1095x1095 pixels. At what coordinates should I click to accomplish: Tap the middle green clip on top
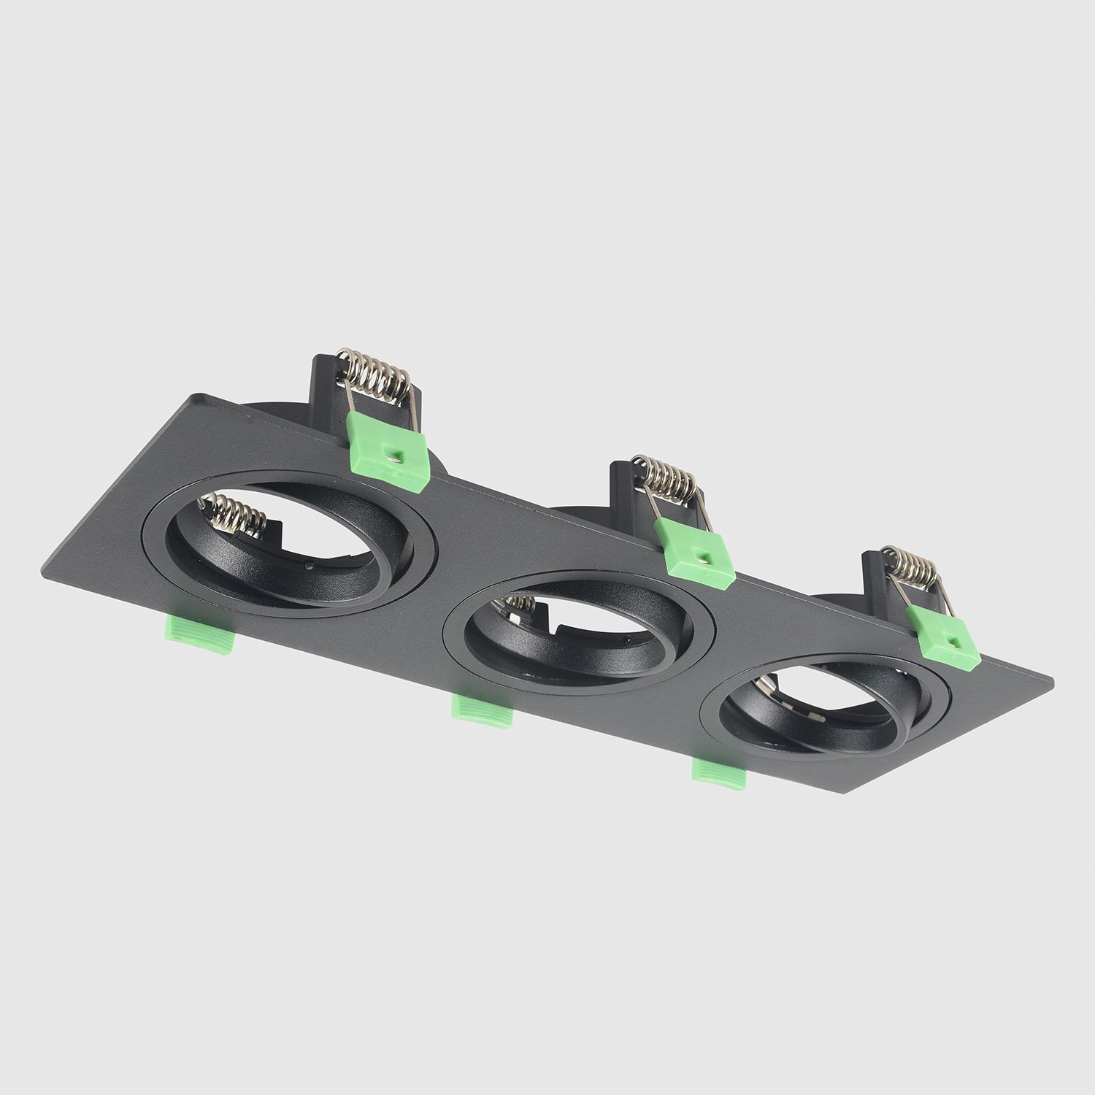point(693,550)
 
